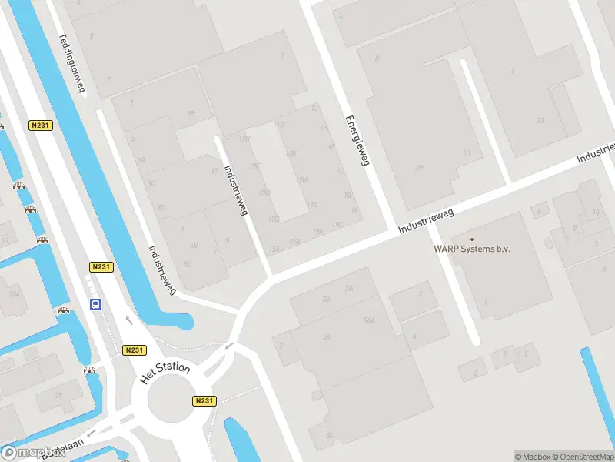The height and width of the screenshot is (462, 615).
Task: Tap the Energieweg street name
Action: [357, 141]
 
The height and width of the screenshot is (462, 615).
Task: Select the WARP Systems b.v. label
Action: [472, 249]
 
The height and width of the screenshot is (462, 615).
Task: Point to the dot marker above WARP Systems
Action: [472, 239]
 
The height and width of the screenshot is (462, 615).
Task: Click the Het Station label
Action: [165, 373]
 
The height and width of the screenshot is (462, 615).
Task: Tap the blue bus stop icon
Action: [96, 304]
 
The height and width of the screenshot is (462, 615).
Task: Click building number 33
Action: [540, 119]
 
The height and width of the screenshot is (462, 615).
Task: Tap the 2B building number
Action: [326, 298]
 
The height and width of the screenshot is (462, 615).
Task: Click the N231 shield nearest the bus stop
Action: [101, 266]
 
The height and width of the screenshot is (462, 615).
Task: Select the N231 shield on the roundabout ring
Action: [203, 400]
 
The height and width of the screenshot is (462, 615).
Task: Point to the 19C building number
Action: [337, 224]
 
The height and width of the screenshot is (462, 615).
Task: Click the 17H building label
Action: [244, 139]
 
